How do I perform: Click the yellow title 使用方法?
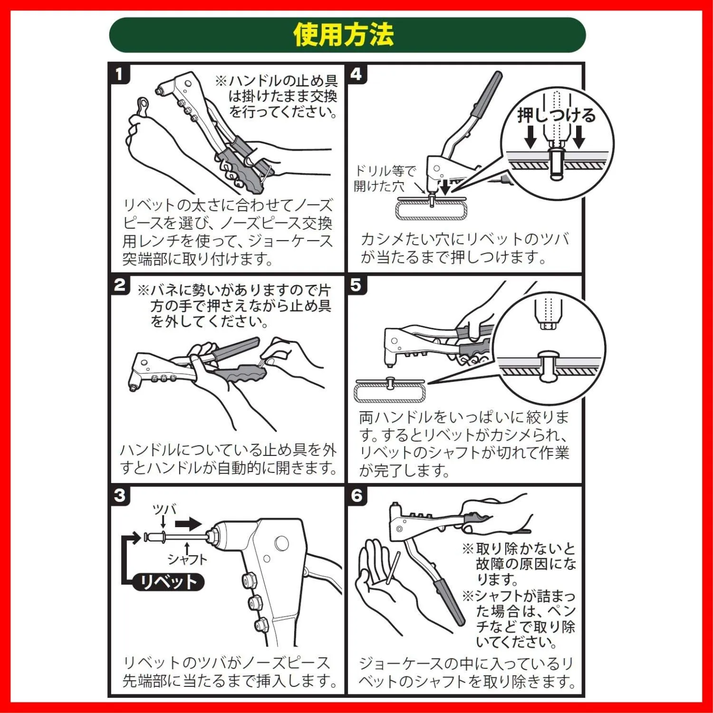click(x=344, y=35)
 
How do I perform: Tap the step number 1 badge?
click(x=119, y=74)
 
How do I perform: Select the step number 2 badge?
click(x=120, y=285)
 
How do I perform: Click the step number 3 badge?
click(x=120, y=496)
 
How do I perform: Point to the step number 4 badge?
click(x=356, y=74)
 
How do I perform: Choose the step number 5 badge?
click(x=356, y=285)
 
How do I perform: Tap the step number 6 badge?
click(x=356, y=496)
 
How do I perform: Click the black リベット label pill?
click(x=168, y=581)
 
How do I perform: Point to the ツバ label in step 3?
click(x=164, y=510)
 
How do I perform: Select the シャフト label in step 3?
click(x=187, y=559)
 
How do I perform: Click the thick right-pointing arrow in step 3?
click(x=189, y=524)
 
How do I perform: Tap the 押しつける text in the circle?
click(x=556, y=116)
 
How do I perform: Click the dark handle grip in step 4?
click(x=488, y=94)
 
